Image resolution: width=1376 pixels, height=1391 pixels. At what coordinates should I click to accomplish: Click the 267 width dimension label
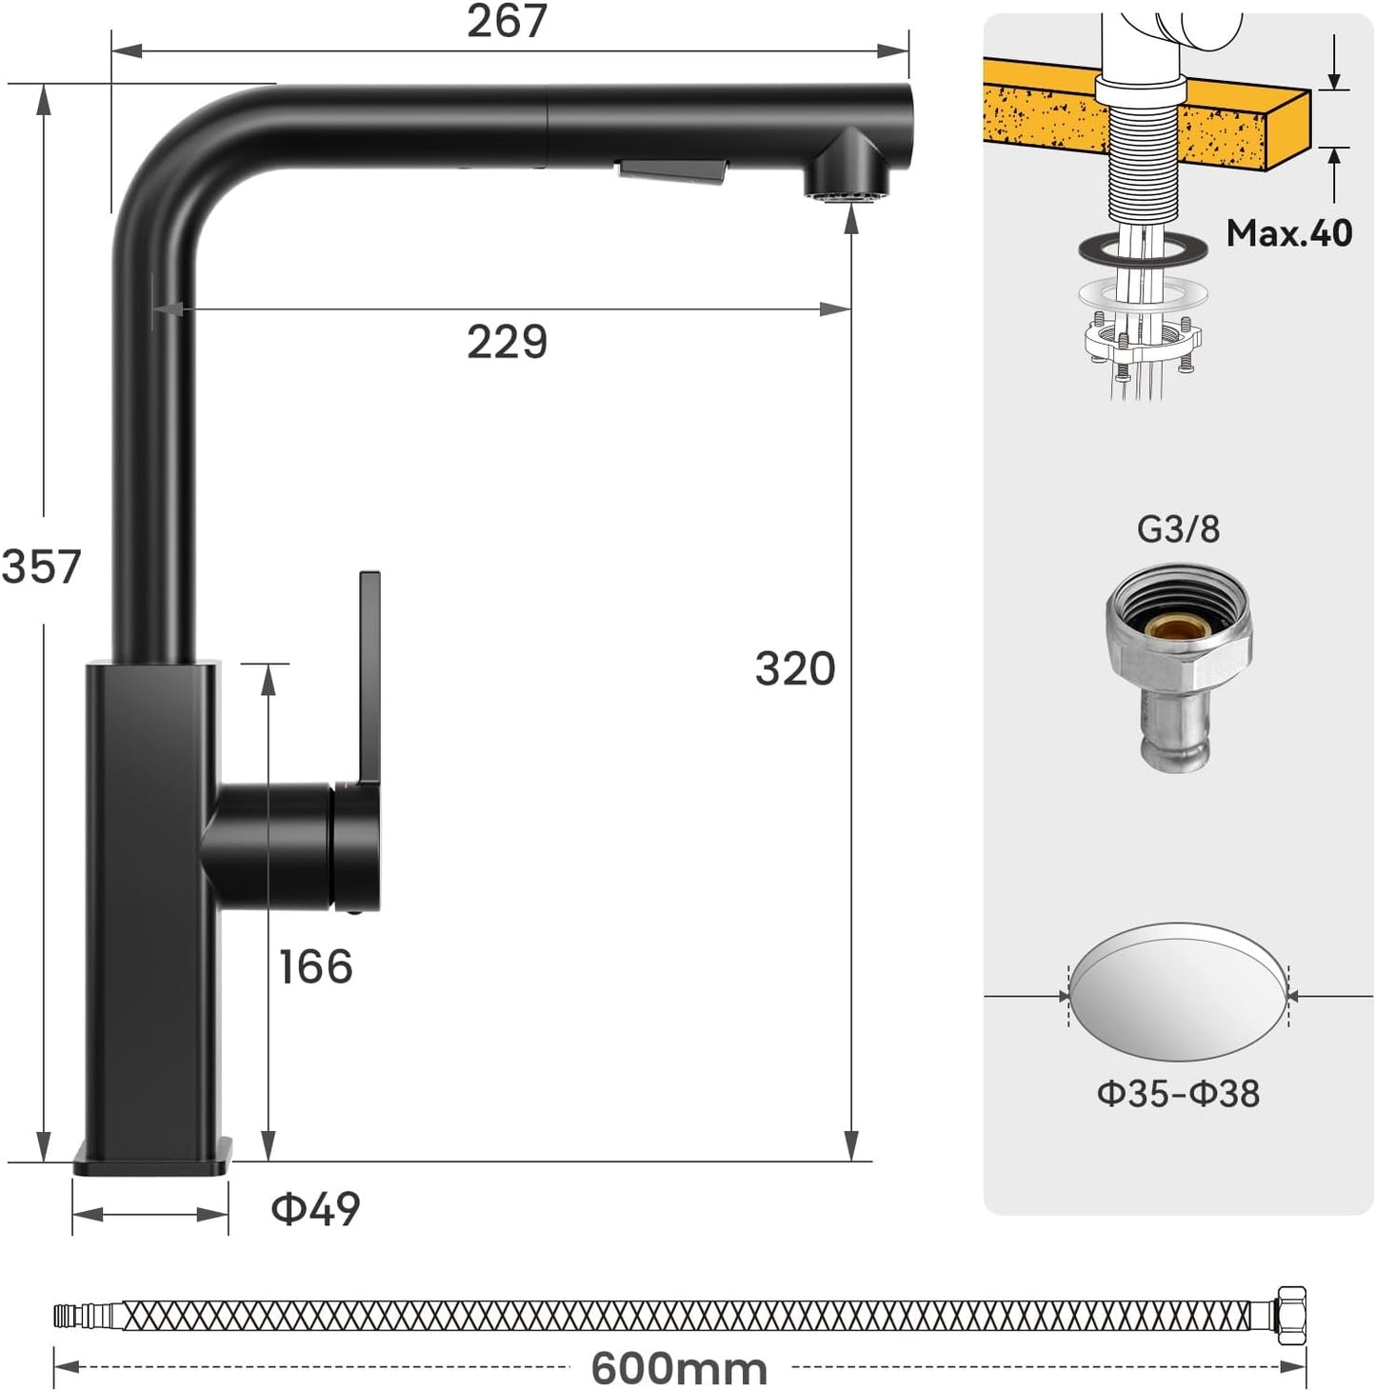pos(507,21)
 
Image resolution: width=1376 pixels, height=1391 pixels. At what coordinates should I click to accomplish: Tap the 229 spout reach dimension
pos(507,341)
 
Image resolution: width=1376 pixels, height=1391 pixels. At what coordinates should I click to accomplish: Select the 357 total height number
pos(42,566)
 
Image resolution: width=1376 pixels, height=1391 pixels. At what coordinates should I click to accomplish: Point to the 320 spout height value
pos(794,668)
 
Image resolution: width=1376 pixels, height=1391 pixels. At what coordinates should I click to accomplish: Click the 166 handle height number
pos(315,966)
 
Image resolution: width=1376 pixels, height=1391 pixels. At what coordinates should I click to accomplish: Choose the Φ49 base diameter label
pos(315,1209)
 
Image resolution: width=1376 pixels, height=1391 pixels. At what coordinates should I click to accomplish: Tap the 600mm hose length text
pos(679,1369)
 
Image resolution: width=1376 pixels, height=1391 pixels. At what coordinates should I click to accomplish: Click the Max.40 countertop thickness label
pos(1288,232)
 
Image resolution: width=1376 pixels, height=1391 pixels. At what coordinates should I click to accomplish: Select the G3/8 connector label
pos(1178,528)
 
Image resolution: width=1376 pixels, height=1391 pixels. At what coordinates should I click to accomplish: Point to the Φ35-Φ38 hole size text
pos(1178,1093)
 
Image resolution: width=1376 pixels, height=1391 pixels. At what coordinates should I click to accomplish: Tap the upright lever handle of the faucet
pos(369,676)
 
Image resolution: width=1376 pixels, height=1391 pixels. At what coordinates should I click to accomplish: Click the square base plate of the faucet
pos(152,1157)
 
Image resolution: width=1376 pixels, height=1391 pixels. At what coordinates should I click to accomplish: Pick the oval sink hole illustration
pos(1178,992)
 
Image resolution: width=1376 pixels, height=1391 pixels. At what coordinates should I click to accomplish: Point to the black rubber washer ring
pos(1143,248)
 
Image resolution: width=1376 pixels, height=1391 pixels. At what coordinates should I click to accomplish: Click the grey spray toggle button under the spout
pos(672,172)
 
